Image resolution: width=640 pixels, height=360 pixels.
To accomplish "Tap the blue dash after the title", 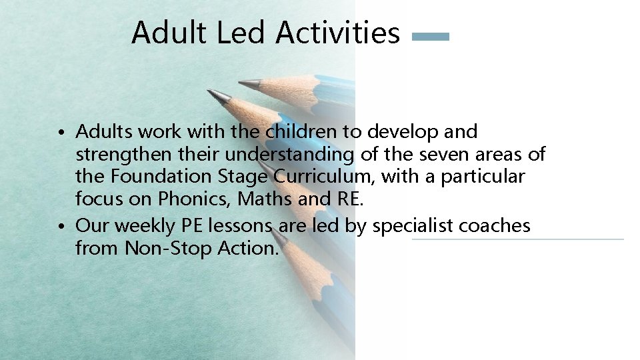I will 431,37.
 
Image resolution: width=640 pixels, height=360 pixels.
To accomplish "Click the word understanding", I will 290,155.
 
